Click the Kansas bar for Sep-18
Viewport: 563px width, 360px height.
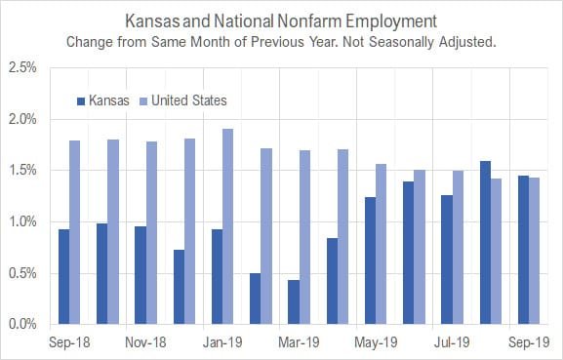[64, 276]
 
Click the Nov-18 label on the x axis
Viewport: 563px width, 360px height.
[145, 341]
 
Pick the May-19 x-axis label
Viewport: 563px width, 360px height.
[376, 341]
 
